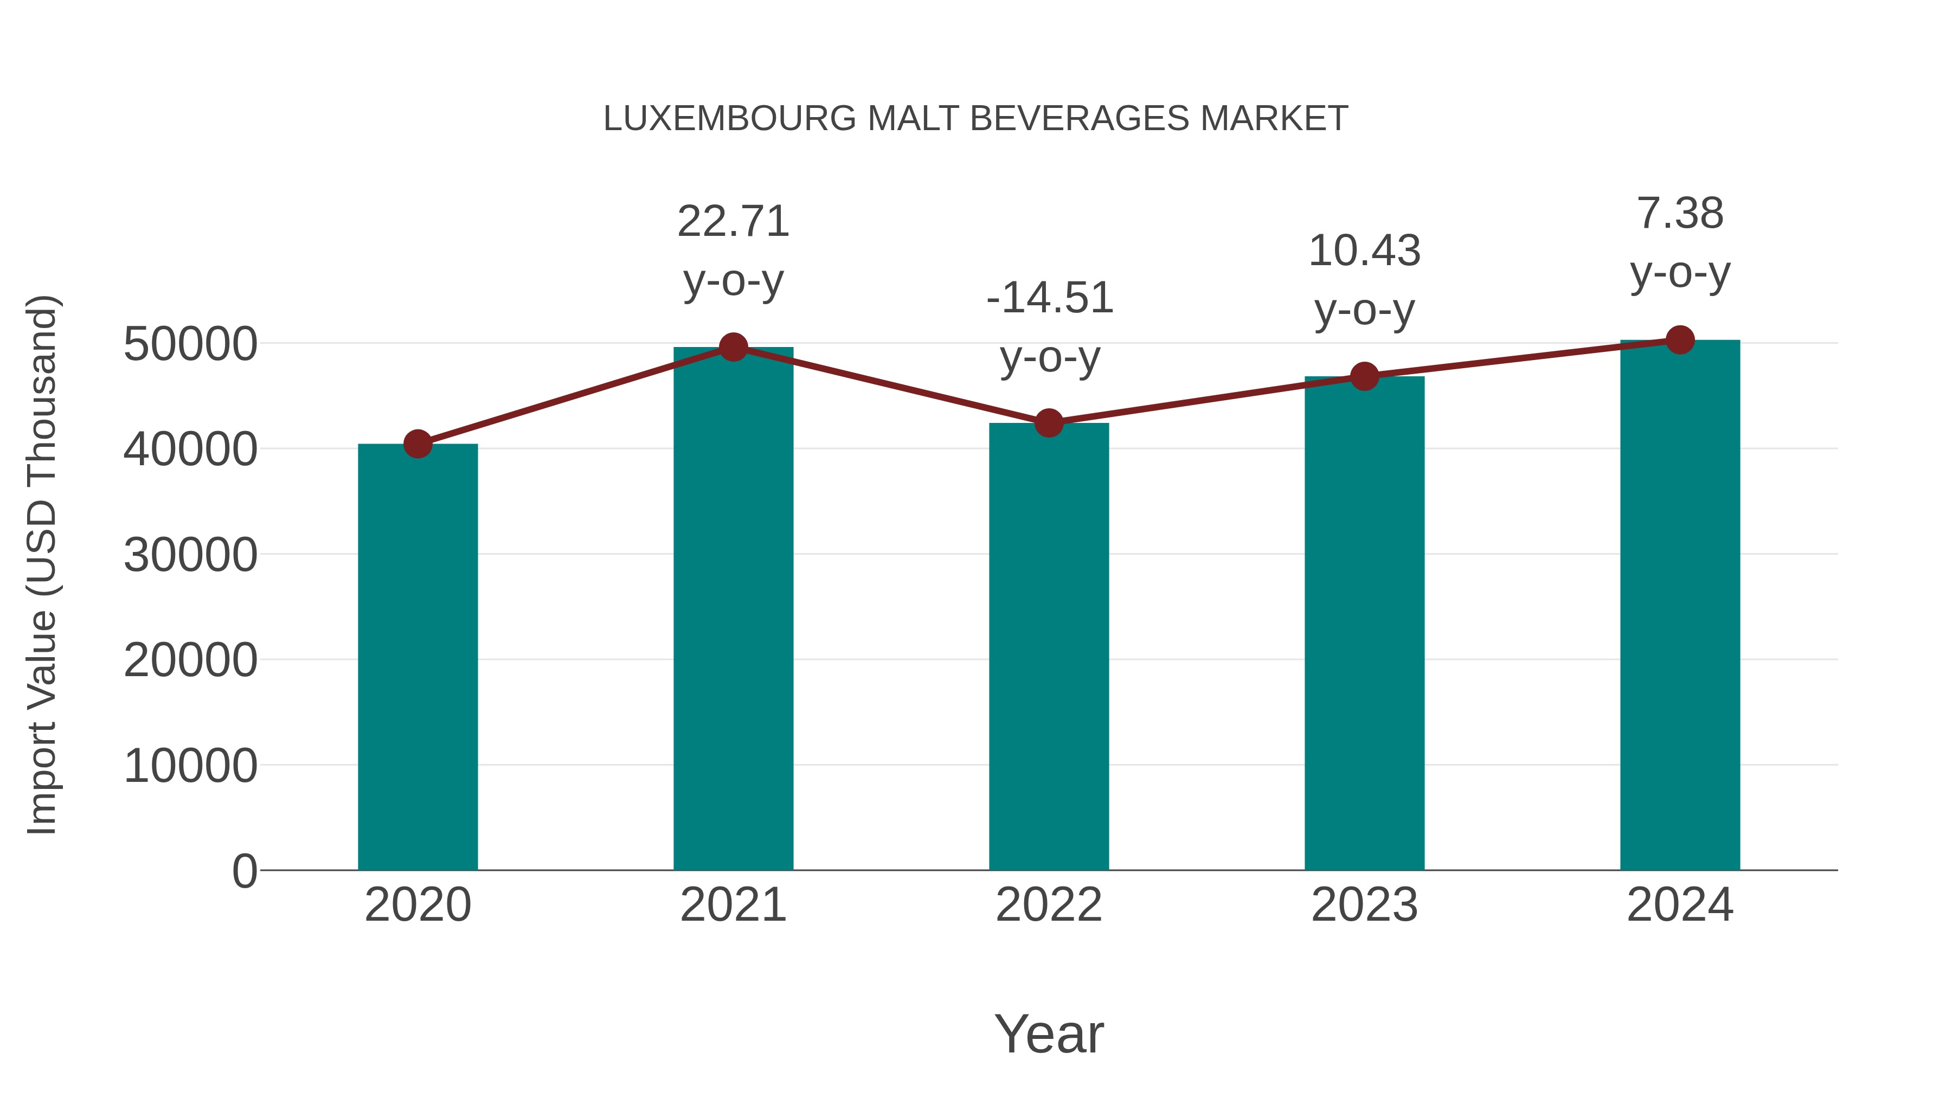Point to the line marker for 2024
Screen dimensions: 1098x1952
point(1680,340)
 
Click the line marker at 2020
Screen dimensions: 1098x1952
point(418,444)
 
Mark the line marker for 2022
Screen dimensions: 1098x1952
point(1049,423)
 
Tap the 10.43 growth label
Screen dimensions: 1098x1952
point(1364,251)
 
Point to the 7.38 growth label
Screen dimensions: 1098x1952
point(1680,214)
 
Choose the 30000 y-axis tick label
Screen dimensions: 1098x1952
point(190,555)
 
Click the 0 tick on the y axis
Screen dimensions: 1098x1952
point(245,871)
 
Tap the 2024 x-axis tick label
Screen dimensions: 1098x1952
point(1680,905)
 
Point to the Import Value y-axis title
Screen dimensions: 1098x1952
point(42,564)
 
